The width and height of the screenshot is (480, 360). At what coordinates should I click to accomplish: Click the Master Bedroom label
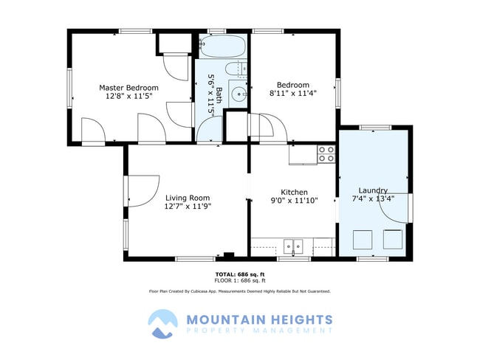pyautogui.click(x=128, y=88)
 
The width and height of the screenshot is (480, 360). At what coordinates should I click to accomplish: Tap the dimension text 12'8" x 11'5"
pyautogui.click(x=129, y=96)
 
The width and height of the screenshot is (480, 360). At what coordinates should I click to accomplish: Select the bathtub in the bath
pyautogui.click(x=223, y=46)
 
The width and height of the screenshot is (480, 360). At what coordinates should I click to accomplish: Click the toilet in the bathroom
pyautogui.click(x=236, y=69)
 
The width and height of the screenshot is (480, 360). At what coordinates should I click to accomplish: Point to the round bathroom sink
pyautogui.click(x=239, y=93)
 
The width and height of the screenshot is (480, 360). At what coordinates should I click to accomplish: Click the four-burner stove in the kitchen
pyautogui.click(x=326, y=154)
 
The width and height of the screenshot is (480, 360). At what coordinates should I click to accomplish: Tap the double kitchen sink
pyautogui.click(x=293, y=246)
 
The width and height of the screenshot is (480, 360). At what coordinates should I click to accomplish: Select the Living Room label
pyautogui.click(x=188, y=198)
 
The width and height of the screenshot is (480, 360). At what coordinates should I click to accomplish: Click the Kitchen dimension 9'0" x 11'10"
pyautogui.click(x=294, y=201)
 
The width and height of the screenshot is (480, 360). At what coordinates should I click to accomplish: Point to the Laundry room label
pyautogui.click(x=373, y=190)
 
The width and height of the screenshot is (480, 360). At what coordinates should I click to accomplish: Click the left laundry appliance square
pyautogui.click(x=363, y=240)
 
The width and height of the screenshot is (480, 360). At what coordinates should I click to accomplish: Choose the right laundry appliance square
pyautogui.click(x=393, y=239)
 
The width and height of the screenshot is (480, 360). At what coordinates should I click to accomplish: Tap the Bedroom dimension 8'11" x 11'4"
pyautogui.click(x=293, y=93)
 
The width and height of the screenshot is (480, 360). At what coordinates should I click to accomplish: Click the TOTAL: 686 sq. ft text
pyautogui.click(x=240, y=274)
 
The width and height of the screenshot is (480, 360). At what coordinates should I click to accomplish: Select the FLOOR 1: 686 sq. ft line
pyautogui.click(x=240, y=280)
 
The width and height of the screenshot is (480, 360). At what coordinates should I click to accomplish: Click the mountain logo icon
pyautogui.click(x=162, y=324)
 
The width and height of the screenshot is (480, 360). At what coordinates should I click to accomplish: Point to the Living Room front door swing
pyautogui.click(x=143, y=191)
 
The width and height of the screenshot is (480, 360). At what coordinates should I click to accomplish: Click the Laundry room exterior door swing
pyautogui.click(x=394, y=208)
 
